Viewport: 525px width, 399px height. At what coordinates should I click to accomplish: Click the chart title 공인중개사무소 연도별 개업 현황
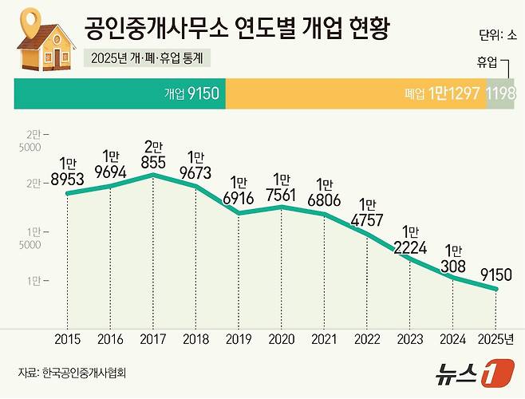click(x=237, y=30)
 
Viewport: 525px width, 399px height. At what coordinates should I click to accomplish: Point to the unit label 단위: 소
click(x=498, y=37)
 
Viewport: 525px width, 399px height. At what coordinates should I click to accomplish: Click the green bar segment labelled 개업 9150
click(x=120, y=94)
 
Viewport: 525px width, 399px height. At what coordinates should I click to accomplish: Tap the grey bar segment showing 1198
click(x=502, y=94)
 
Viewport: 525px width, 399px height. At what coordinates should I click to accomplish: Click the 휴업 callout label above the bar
click(x=487, y=61)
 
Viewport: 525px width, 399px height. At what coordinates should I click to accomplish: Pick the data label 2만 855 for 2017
click(x=152, y=152)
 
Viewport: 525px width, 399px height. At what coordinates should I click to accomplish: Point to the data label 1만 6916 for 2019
click(x=239, y=191)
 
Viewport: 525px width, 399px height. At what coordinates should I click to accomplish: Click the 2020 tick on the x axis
click(x=282, y=340)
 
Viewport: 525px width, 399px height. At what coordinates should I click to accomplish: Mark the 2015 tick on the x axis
click(x=66, y=340)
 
